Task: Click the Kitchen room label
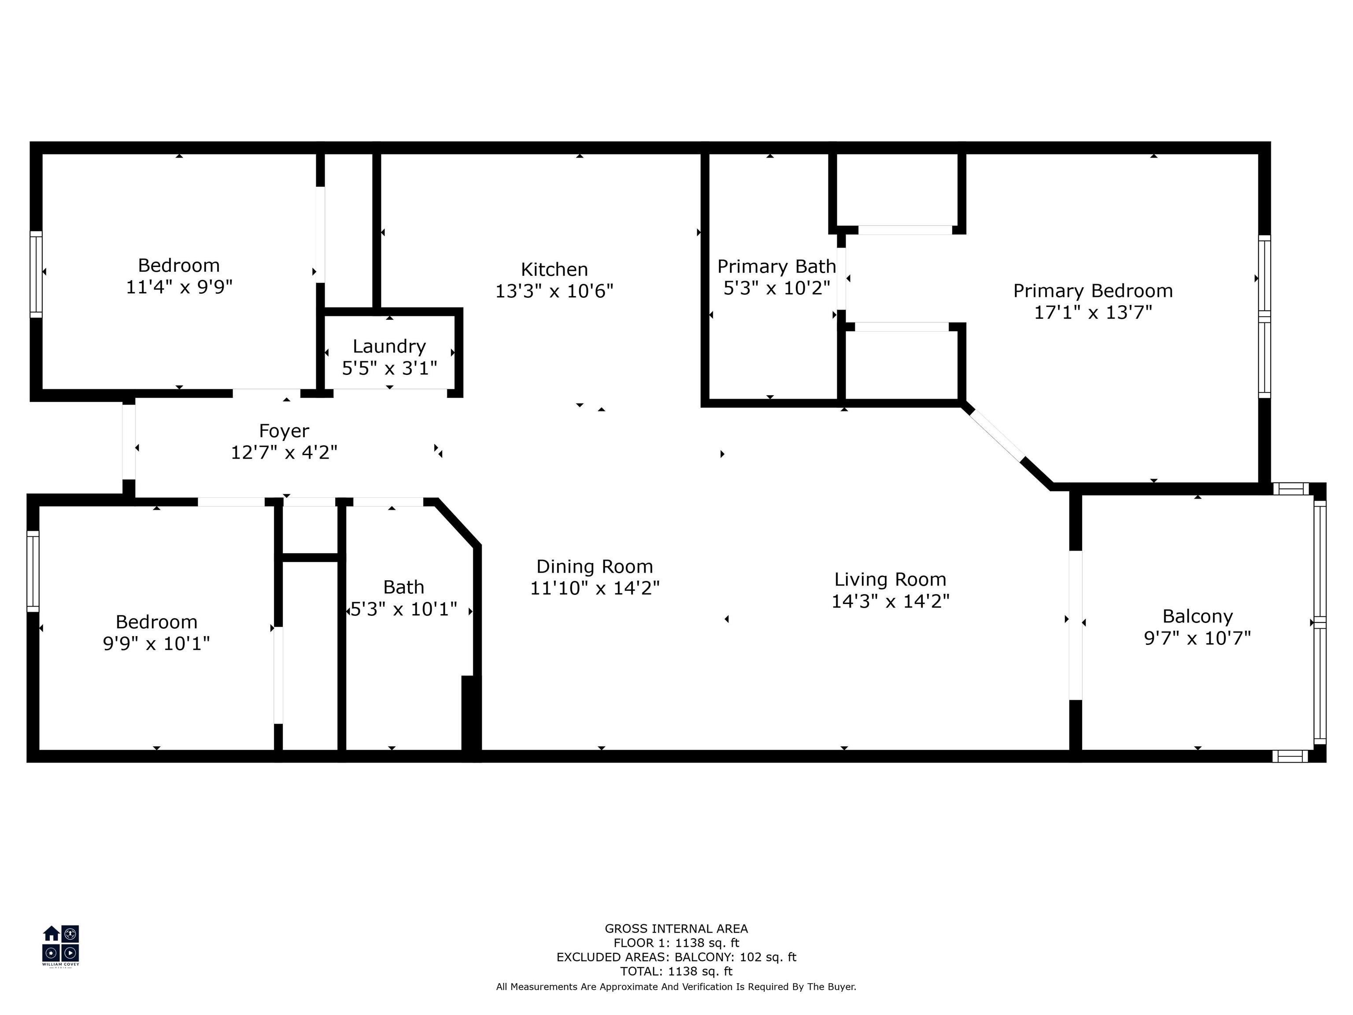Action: point(554,269)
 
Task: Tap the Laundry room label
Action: point(389,346)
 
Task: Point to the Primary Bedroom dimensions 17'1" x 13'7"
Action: point(1092,312)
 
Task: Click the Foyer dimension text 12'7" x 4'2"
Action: point(284,452)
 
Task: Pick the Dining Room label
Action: point(595,566)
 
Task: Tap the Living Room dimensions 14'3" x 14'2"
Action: point(890,601)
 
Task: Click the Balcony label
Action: point(1197,616)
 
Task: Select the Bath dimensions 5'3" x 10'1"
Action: point(404,609)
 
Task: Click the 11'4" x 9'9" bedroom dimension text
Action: point(179,286)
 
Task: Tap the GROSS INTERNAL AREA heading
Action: point(676,929)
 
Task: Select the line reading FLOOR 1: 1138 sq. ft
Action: point(676,943)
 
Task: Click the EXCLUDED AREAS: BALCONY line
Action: point(676,957)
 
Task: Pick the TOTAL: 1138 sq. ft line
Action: point(676,971)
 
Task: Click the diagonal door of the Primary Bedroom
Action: point(997,435)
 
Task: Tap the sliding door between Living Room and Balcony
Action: point(1075,625)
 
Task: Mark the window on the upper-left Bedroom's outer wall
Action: point(37,274)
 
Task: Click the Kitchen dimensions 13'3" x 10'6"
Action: point(554,291)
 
